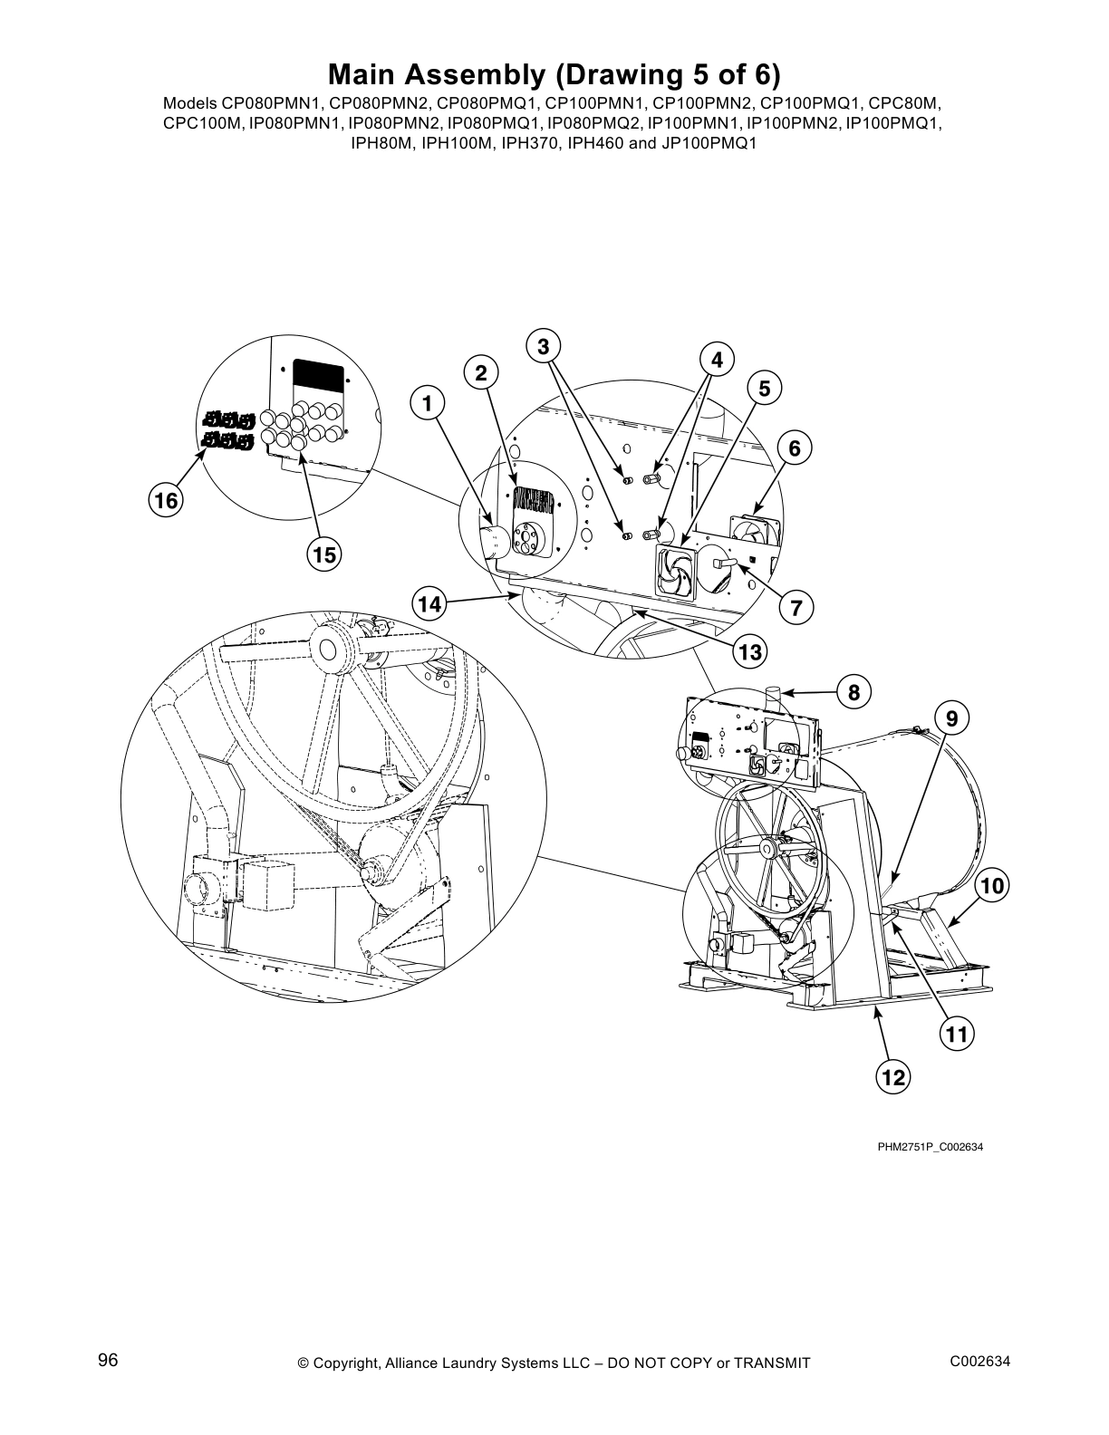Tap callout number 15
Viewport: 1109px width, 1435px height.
click(323, 554)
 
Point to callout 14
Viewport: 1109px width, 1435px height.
click(430, 602)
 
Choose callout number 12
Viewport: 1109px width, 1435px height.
click(892, 1076)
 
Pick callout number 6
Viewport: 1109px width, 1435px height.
click(795, 448)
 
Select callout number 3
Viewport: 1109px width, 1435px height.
click(544, 347)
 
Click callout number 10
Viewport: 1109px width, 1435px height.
click(993, 886)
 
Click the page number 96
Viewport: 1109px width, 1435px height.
click(108, 1361)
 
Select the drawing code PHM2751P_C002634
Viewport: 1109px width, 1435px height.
click(930, 1147)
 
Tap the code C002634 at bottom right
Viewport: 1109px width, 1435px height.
click(979, 1361)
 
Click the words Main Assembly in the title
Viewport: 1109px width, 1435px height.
click(448, 72)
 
